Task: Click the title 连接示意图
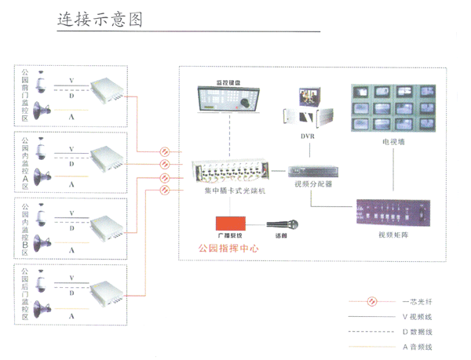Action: [99, 20]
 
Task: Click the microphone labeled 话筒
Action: [279, 224]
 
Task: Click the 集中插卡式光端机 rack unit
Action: [231, 173]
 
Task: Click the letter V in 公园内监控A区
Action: [72, 148]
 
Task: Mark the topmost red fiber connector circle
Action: [165, 151]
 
